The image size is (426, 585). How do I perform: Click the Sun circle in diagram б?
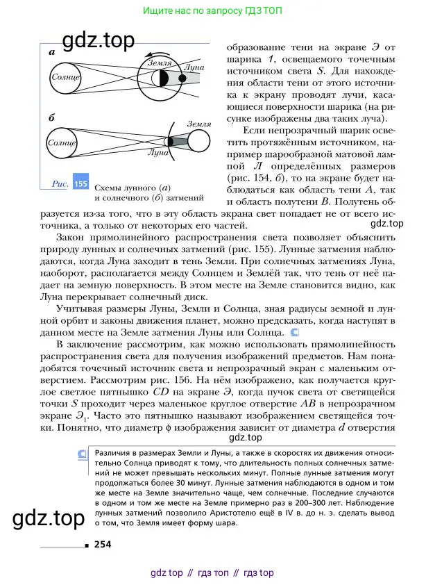(60, 142)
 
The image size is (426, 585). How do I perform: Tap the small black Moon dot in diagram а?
(182, 79)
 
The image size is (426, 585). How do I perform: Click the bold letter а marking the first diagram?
(53, 52)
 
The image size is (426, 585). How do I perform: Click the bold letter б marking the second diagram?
(52, 118)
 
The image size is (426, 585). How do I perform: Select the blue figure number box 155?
(80, 183)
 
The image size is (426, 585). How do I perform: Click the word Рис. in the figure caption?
(60, 183)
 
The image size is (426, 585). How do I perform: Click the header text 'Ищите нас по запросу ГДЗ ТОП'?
(212, 12)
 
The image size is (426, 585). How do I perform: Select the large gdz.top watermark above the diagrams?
(99, 41)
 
